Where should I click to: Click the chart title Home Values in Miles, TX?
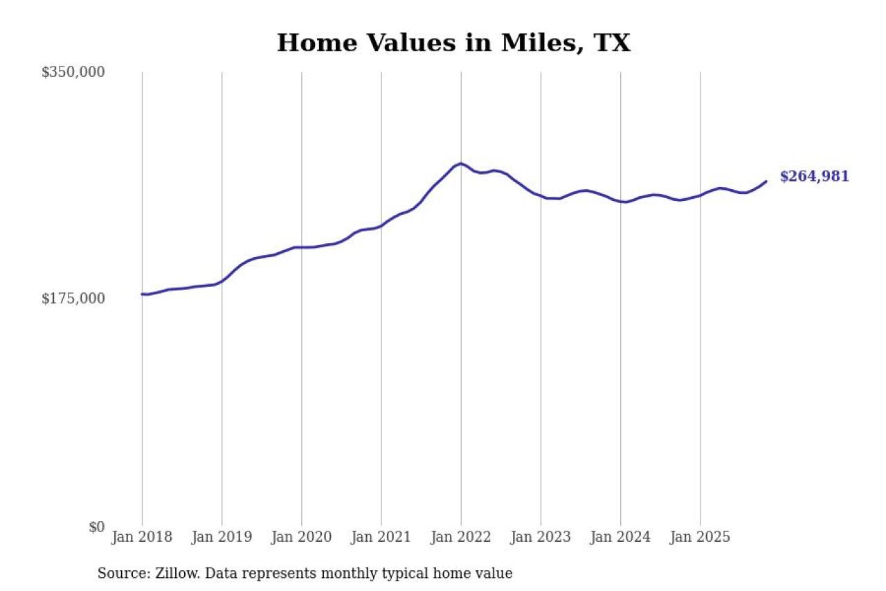453,43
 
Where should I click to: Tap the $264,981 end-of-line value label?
814,177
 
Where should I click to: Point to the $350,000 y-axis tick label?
73,72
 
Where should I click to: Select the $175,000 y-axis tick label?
73,298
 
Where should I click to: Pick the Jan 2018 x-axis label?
142,537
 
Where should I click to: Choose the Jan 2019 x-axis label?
221,537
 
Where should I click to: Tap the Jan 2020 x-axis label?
302,537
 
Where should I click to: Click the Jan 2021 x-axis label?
381,537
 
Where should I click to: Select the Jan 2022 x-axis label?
461,537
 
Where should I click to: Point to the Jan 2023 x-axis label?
541,537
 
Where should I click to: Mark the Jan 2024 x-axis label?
620,537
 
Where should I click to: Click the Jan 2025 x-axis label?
700,537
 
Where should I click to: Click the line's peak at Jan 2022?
461,164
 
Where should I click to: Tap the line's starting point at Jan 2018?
143,294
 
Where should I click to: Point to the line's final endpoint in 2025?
766,182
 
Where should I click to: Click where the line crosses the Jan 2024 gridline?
620,202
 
